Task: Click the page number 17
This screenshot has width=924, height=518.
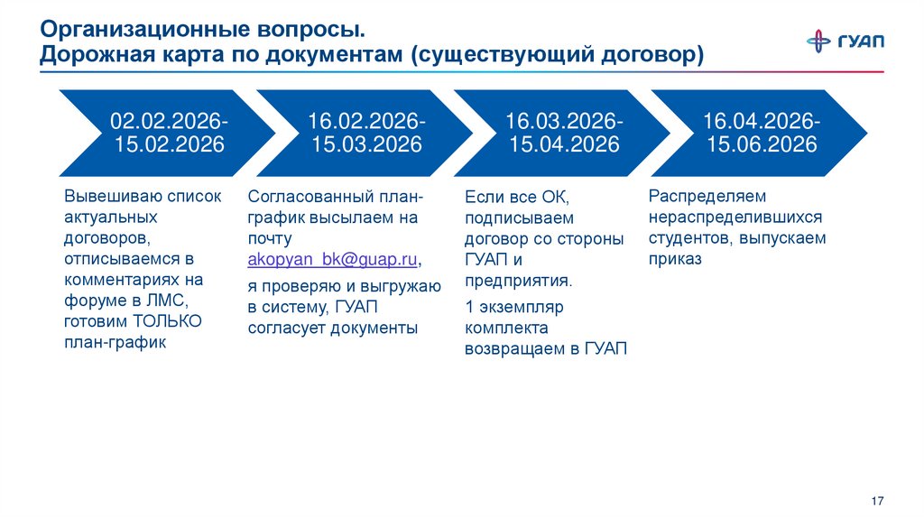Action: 877,500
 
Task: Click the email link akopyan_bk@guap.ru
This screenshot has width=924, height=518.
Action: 332,259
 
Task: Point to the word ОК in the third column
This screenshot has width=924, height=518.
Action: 554,197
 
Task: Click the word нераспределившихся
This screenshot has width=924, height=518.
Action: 735,217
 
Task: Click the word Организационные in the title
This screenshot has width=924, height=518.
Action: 128,30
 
